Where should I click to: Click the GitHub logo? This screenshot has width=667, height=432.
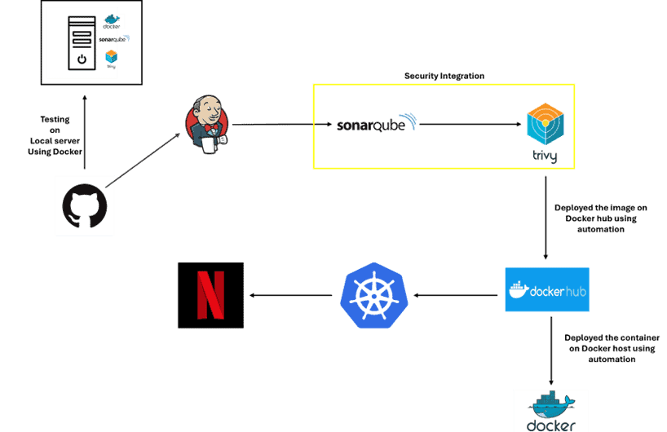coord(85,206)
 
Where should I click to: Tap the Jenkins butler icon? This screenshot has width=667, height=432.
coord(205,126)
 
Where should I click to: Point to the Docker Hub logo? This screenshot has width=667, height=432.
coord(546,289)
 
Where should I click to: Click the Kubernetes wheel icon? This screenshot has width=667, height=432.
coord(373,294)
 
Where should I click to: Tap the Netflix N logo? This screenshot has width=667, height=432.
coord(210,295)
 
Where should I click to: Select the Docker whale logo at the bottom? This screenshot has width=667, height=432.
coord(550,410)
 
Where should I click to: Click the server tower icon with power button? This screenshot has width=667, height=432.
coord(81,42)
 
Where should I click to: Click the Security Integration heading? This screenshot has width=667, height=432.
coord(444,76)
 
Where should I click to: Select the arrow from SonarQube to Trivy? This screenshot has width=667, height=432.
coord(469,125)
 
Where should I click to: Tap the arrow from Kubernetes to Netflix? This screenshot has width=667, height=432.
coord(291,295)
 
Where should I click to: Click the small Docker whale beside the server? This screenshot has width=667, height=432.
coord(112,20)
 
